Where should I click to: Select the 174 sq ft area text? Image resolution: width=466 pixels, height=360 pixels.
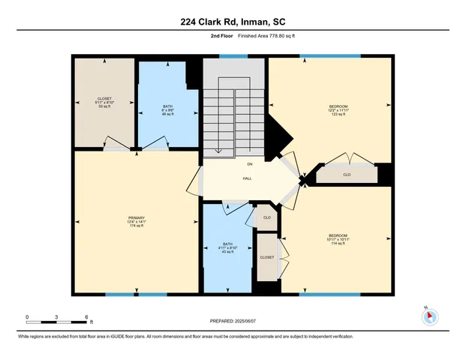tap(136, 226)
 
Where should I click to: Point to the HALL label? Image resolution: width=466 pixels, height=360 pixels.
tap(247, 178)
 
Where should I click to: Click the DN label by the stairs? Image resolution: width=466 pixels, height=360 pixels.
tap(249, 164)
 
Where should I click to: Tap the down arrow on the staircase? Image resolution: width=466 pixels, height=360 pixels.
tap(217, 150)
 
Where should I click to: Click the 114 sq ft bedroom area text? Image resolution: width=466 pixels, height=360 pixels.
tap(336, 244)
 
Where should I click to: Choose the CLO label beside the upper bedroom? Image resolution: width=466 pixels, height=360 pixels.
tap(346, 175)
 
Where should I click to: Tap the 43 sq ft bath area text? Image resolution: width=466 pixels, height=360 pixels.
tap(226, 251)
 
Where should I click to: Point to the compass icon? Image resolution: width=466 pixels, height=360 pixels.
tap(430, 316)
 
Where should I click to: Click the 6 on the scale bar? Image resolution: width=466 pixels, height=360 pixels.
tap(86, 317)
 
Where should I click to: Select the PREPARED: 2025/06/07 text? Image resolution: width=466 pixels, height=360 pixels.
tap(233, 322)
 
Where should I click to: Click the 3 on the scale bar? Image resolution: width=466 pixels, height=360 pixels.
tap(57, 317)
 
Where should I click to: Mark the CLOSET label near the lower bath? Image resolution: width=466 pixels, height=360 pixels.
tap(267, 257)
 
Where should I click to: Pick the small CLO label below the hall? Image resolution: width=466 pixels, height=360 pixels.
tap(266, 217)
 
